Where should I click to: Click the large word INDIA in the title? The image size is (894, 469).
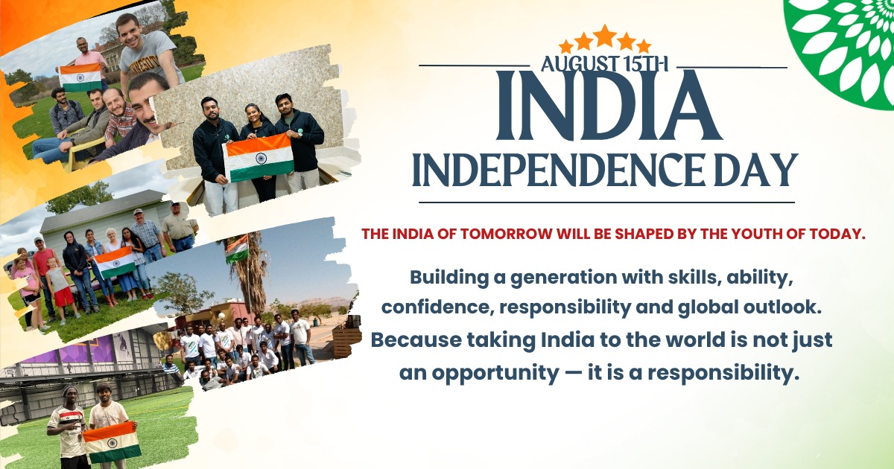(x=609, y=105)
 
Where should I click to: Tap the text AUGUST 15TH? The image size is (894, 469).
(x=604, y=64)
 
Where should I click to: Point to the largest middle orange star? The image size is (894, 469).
(x=605, y=36)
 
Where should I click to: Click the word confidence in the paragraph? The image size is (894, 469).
(x=437, y=307)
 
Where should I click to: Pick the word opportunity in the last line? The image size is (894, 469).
(x=495, y=374)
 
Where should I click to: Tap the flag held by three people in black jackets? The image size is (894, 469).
(x=259, y=158)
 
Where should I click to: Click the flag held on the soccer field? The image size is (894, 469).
(x=112, y=443)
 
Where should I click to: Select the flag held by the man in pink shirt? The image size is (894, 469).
(x=80, y=77)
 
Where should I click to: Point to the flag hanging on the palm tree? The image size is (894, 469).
(x=237, y=249)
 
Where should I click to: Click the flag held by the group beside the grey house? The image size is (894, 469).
(x=115, y=262)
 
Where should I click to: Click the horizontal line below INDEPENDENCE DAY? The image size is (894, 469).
(x=606, y=202)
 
